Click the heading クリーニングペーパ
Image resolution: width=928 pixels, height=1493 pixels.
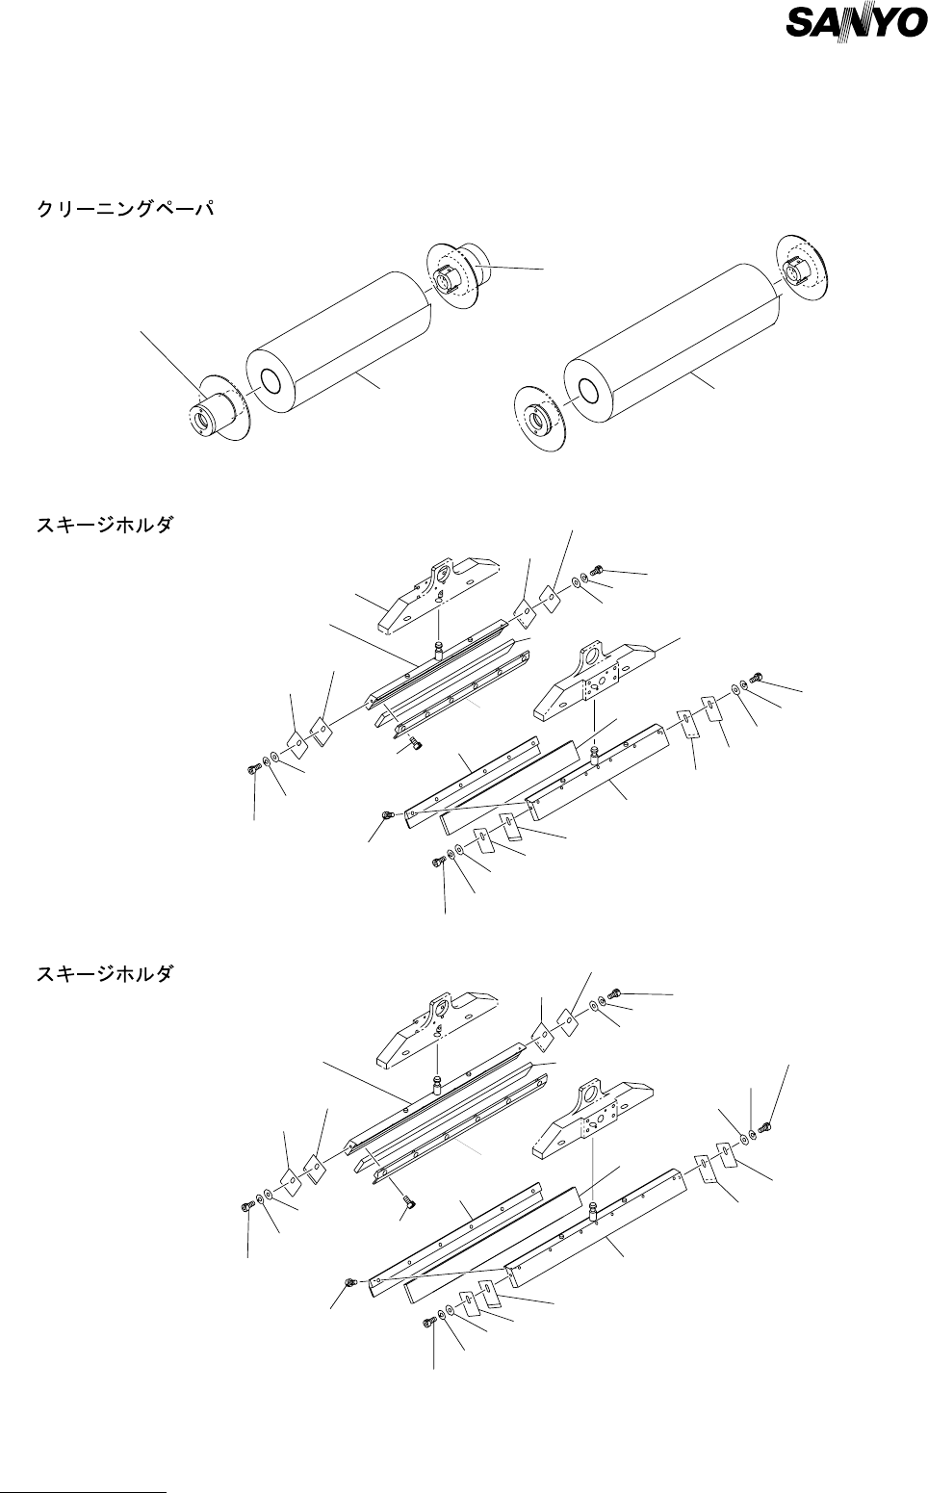coord(125,210)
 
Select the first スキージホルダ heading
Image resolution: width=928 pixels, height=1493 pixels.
coord(104,528)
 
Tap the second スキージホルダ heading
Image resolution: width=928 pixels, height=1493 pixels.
coord(104,975)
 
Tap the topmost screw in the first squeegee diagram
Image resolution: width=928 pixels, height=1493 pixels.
coord(597,572)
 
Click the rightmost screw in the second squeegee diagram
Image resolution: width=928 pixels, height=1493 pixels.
coord(766,1124)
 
